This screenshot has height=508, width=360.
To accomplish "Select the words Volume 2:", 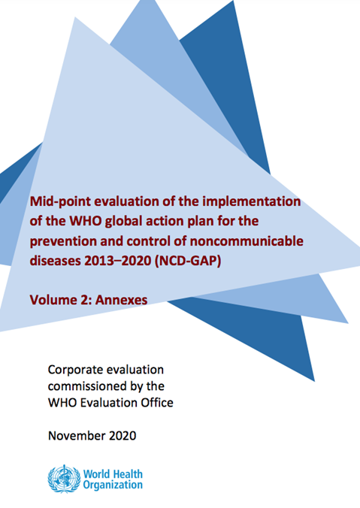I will (59, 299).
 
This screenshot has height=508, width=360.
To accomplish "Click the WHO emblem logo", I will (61, 478).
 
